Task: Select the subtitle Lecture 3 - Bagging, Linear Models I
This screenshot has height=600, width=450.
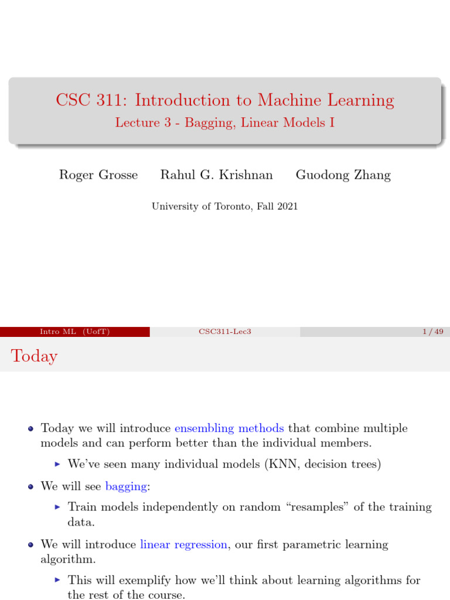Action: (x=225, y=122)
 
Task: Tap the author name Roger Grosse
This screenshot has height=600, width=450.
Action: (x=98, y=175)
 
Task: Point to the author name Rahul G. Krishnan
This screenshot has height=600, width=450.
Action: (x=217, y=175)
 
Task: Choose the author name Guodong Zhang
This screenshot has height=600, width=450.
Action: (x=343, y=175)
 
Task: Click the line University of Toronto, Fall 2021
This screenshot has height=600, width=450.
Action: (x=225, y=206)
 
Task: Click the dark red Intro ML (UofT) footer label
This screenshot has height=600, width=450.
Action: (x=74, y=332)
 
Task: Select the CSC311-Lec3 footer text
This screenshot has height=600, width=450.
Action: (x=225, y=332)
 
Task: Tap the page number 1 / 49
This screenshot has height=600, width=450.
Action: (x=432, y=332)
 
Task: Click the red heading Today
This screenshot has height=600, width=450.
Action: (x=35, y=356)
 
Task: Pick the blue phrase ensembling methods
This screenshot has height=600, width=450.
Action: (x=229, y=428)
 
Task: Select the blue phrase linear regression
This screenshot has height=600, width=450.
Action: (x=183, y=544)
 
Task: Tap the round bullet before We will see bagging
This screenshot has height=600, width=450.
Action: (x=31, y=486)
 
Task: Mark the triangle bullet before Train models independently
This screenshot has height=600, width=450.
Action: (x=57, y=507)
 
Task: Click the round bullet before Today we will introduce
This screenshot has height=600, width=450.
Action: (x=31, y=429)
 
